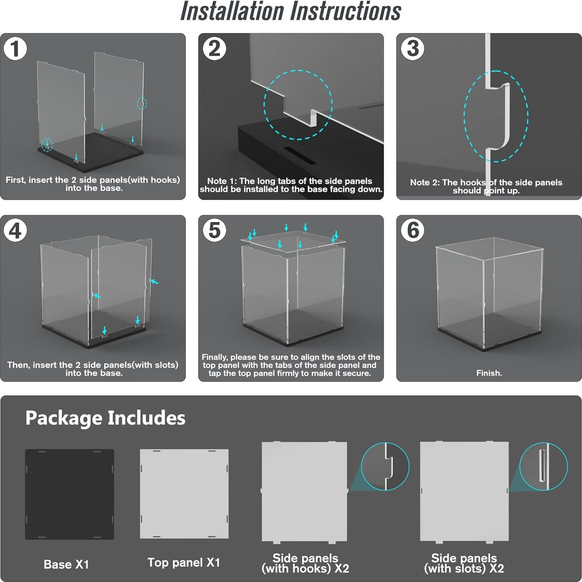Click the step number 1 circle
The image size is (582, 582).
15,49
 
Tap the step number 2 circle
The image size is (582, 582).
214,49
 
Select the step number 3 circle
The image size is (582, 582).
412,49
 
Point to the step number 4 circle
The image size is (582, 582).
15,230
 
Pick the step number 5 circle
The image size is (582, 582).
214,230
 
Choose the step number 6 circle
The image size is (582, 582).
412,230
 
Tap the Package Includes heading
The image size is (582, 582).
105,418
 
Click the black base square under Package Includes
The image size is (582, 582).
70,494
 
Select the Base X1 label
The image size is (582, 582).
66,564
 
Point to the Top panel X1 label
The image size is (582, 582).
184,563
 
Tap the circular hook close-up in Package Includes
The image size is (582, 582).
385,466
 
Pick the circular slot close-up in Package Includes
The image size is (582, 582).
544,466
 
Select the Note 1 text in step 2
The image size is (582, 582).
291,185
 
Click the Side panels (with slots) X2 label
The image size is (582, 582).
464,563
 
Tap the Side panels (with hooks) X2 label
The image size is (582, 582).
305,563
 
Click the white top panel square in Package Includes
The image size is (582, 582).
184,494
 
